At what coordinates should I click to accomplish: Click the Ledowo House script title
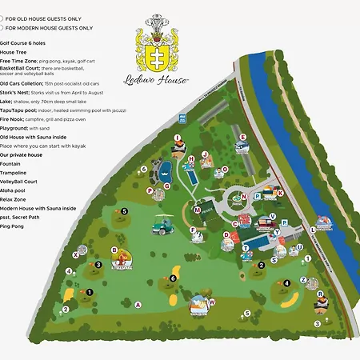[x=166, y=79]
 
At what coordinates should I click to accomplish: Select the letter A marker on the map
[x=138, y=304]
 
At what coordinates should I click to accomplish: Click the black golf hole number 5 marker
[x=124, y=211]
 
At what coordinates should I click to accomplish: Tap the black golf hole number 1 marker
[x=90, y=292]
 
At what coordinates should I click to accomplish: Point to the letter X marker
[x=75, y=254]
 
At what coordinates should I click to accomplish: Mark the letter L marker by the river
[x=312, y=230]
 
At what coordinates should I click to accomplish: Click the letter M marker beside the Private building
[x=195, y=210]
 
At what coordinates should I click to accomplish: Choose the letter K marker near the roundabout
[x=280, y=192]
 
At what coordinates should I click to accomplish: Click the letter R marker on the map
[x=318, y=294]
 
